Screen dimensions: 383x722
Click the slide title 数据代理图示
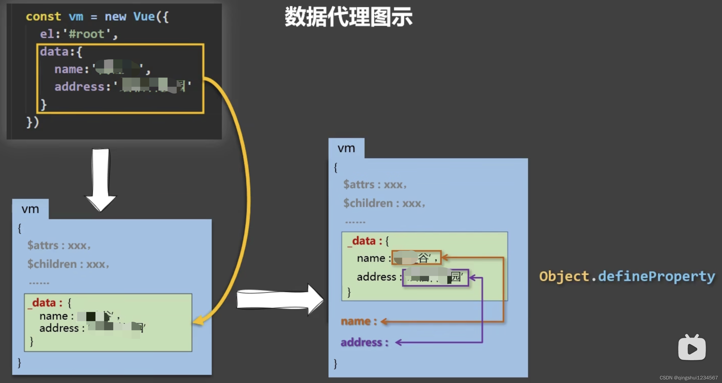coord(348,17)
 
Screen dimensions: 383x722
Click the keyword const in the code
coord(43,17)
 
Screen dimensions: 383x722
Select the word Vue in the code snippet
coord(144,17)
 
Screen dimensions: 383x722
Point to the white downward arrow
coord(101,179)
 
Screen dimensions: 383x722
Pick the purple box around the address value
coord(435,277)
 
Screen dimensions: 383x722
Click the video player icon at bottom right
coord(692,348)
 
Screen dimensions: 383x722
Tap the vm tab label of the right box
coord(346,148)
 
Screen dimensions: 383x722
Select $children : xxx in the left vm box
coord(68,264)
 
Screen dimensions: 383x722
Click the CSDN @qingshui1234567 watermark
coord(688,378)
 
